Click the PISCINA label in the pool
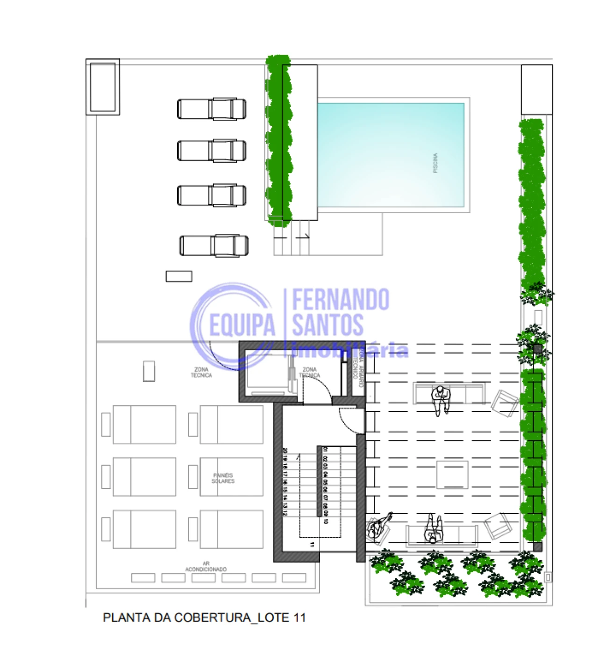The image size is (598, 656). pyautogui.click(x=435, y=163)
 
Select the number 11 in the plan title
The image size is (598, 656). pyautogui.click(x=299, y=618)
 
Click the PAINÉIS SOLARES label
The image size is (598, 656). pyautogui.click(x=223, y=478)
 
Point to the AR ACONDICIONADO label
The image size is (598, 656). pyautogui.click(x=206, y=566)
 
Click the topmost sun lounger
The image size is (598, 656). pyautogui.click(x=212, y=109)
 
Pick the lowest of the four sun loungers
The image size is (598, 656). pyautogui.click(x=214, y=245)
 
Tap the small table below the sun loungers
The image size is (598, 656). pyautogui.click(x=179, y=276)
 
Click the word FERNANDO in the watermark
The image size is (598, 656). pyautogui.click(x=341, y=300)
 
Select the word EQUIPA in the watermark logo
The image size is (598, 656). pyautogui.click(x=242, y=325)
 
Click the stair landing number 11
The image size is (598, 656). pyautogui.click(x=312, y=544)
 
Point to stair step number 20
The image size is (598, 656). pyautogui.click(x=285, y=451)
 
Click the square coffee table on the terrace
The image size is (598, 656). pyautogui.click(x=452, y=475)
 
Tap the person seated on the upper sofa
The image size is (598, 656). pyautogui.click(x=440, y=398)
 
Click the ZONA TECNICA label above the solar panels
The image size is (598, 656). pyautogui.click(x=201, y=372)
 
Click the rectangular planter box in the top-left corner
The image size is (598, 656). pyautogui.click(x=103, y=87)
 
